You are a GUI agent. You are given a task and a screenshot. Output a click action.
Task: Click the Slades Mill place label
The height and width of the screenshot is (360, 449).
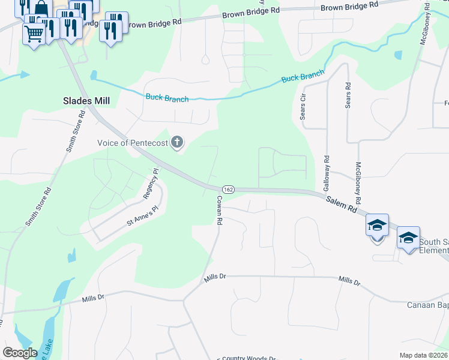[x=86, y=101]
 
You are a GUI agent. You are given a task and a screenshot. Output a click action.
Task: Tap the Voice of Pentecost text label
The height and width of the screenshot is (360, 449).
[x=133, y=143]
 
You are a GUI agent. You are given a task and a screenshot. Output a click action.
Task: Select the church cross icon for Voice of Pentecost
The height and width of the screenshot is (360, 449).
[x=176, y=143]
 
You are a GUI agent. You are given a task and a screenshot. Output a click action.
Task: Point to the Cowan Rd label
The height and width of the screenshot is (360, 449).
[x=220, y=210]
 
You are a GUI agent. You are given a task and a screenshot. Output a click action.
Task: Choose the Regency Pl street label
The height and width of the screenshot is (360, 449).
[x=151, y=184]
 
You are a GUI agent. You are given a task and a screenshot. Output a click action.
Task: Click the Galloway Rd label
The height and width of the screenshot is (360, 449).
[x=327, y=174]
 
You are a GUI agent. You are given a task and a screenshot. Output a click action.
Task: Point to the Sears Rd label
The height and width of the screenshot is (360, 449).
[x=348, y=95]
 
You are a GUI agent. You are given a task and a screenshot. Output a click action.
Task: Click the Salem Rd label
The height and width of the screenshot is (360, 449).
[x=342, y=205]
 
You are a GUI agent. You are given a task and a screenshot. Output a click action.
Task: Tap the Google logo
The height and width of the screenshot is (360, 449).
[x=20, y=352]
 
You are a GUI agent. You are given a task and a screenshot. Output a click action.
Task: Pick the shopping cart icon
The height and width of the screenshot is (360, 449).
[x=34, y=32]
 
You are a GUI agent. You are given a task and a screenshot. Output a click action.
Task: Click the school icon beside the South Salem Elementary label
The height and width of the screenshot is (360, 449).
[x=408, y=238]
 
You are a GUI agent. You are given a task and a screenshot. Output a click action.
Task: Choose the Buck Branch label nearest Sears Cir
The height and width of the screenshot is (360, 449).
[x=303, y=77]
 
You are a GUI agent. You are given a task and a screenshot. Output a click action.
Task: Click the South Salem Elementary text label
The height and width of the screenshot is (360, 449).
[x=433, y=246]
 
